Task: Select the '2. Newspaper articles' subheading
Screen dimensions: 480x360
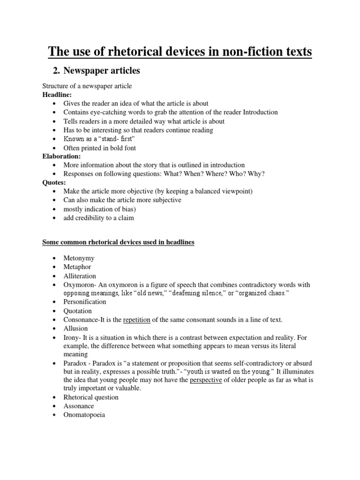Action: [97, 71]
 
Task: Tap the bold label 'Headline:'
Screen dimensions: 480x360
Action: [57, 95]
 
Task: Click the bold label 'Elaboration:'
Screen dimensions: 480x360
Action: [61, 156]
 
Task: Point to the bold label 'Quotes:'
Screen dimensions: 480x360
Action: [54, 182]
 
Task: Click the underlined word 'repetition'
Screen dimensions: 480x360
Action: [136, 320]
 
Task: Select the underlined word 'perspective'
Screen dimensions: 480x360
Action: [206, 380]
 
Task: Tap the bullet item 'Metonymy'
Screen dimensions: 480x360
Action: [79, 259]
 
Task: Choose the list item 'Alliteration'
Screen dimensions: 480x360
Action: [80, 276]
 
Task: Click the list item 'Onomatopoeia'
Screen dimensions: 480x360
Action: [84, 415]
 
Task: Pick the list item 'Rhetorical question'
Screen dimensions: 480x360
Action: [91, 397]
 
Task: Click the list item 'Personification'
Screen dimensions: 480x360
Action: [85, 302]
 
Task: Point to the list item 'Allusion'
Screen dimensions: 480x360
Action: [75, 328]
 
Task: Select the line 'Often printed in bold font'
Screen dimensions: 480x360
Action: [100, 148]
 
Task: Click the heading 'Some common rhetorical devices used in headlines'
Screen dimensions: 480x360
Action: [118, 242]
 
